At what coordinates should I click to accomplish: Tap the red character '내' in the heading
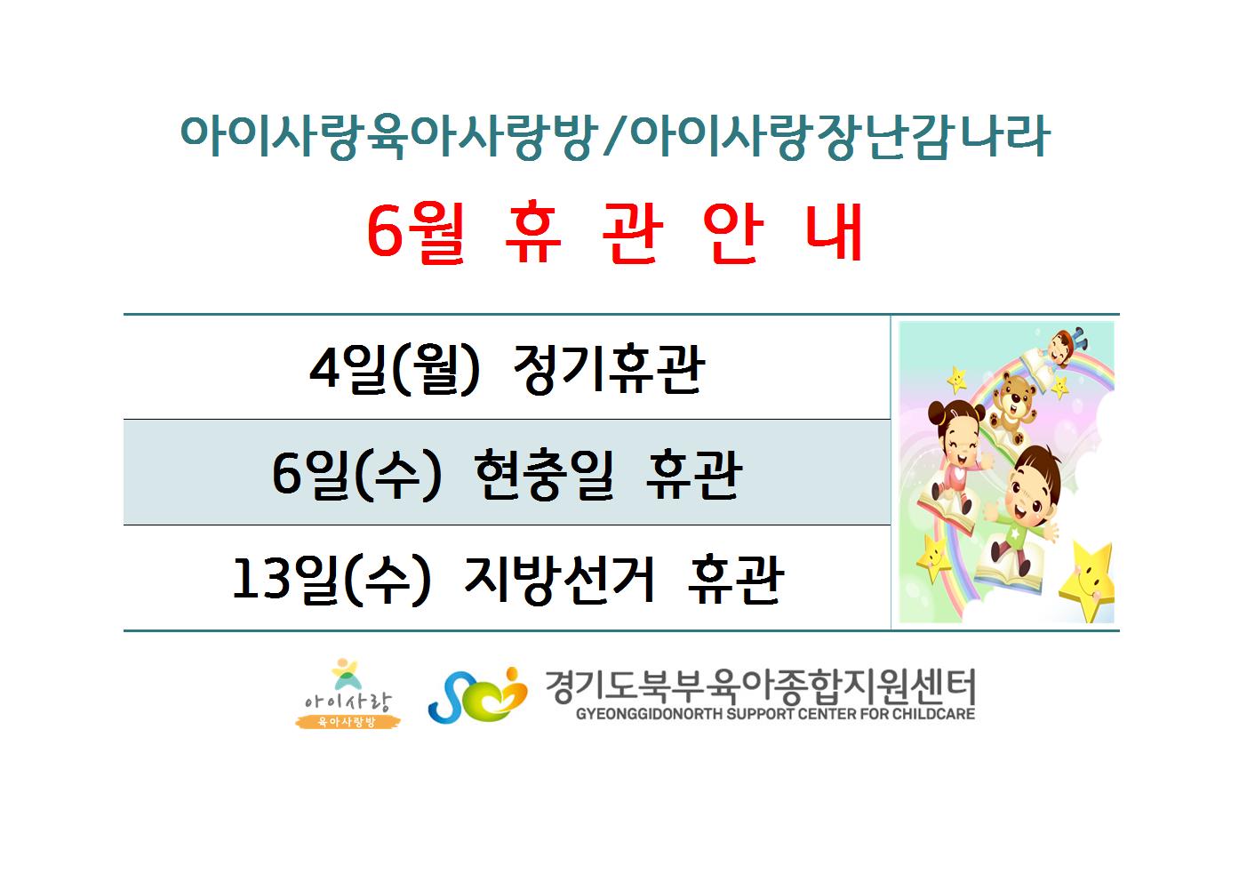835,231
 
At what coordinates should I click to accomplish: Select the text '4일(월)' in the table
394,369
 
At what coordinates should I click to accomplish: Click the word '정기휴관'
609,369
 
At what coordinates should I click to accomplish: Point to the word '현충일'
544,475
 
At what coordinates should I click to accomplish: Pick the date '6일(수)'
356,475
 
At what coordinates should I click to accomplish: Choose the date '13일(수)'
332,579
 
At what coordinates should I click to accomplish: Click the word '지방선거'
559,579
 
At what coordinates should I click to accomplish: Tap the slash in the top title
613,136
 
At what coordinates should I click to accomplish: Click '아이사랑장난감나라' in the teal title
840,136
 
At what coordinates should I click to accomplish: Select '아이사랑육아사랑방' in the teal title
389,136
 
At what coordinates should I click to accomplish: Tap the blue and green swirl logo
477,694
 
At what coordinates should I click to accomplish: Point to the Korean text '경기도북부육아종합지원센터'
760,686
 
